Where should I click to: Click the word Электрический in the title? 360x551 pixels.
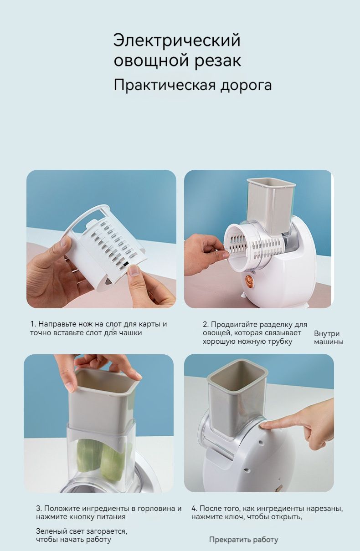pyautogui.click(x=177, y=41)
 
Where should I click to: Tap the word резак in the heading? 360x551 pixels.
pyautogui.click(x=218, y=61)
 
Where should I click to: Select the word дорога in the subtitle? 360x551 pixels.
pyautogui.click(x=246, y=85)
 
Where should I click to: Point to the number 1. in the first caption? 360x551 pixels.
pyautogui.click(x=33, y=324)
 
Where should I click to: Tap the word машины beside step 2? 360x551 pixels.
pyautogui.click(x=329, y=342)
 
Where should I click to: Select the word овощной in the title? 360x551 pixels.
pyautogui.click(x=152, y=61)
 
